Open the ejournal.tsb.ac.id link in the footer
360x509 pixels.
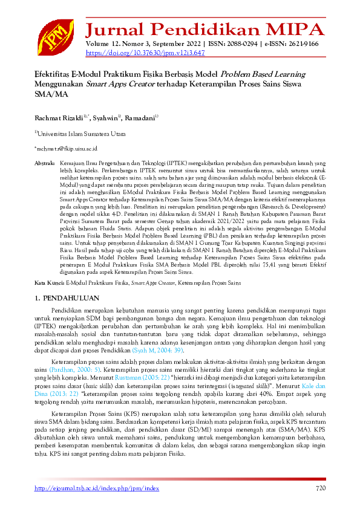coord(96,488)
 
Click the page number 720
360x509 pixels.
coord(320,488)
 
